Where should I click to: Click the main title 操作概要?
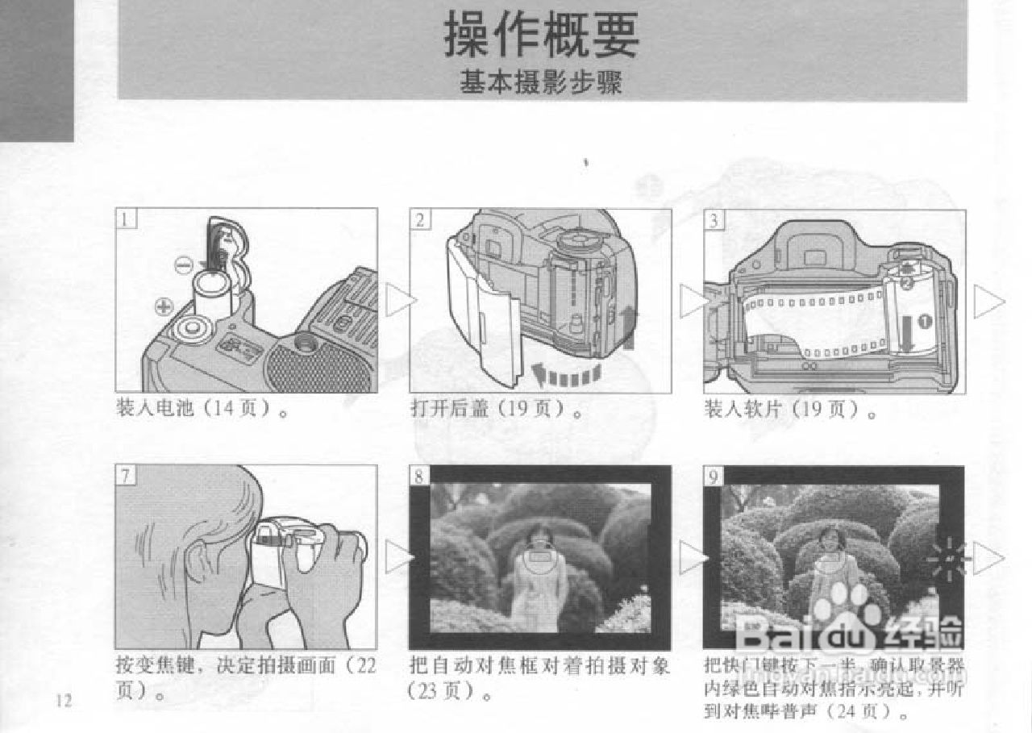coord(542,36)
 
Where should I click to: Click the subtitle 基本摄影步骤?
coord(542,82)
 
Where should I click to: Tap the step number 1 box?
coord(127,219)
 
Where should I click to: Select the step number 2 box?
coord(420,219)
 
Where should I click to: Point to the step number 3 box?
coord(714,219)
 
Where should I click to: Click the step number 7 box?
coord(127,475)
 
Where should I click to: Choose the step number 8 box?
coord(420,476)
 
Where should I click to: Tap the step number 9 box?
coord(714,476)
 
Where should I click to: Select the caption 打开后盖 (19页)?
coord(497,409)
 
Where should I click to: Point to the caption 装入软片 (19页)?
coord(790,409)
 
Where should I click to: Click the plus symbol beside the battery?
coord(164,306)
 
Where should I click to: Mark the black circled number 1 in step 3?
coord(925,320)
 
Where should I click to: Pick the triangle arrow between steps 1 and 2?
coord(400,301)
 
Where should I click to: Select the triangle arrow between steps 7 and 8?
coord(398,557)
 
